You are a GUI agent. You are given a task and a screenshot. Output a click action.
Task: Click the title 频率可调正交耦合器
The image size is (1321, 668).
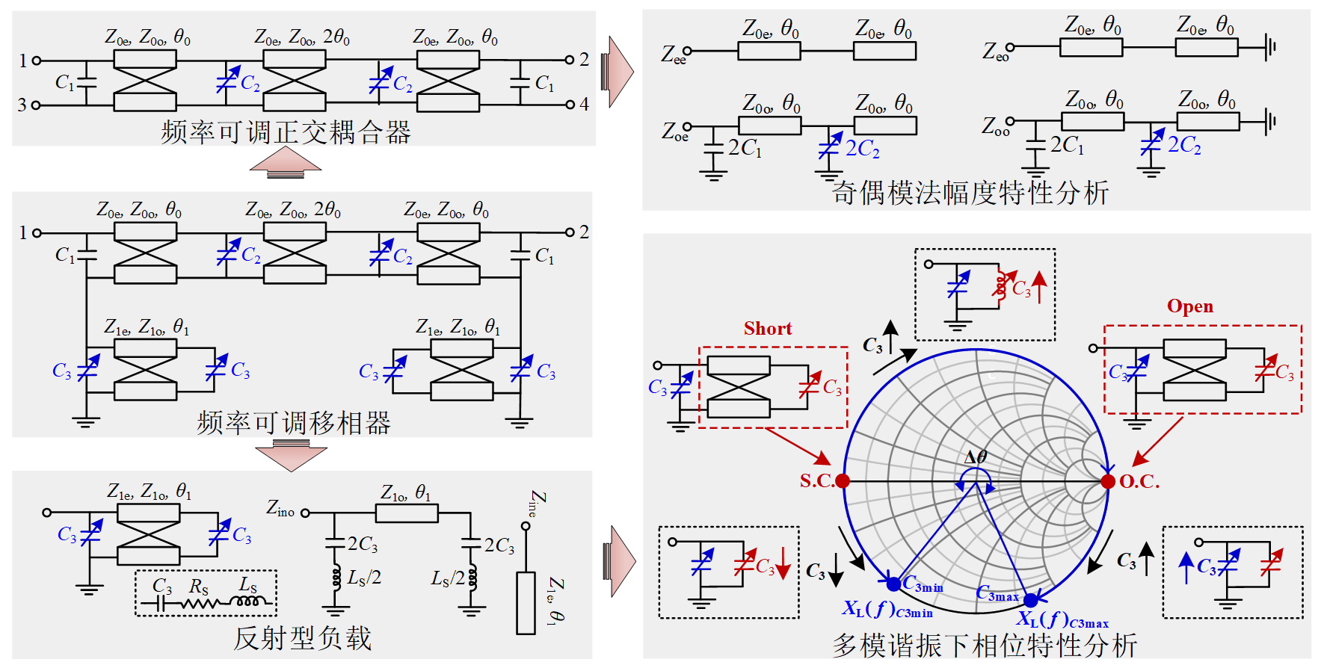(286, 133)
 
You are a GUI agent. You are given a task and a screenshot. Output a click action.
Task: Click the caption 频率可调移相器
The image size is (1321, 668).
(294, 423)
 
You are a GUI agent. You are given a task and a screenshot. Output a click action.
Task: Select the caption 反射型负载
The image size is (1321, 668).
(302, 638)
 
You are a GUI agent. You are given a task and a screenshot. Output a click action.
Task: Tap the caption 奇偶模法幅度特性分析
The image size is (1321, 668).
(970, 193)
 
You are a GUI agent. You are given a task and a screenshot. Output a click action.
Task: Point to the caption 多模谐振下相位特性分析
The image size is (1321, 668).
(985, 646)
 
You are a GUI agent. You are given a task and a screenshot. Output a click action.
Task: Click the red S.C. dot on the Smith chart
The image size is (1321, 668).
(843, 481)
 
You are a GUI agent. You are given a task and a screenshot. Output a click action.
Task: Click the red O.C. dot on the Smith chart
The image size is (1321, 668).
(1108, 481)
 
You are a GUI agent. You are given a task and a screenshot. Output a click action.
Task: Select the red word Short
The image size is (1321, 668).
(768, 329)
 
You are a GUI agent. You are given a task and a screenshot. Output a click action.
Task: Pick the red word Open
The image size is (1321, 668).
(1190, 306)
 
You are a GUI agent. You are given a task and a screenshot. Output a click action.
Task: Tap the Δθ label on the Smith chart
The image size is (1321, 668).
(976, 457)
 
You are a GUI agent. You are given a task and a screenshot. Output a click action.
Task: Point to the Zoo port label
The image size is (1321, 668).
(995, 126)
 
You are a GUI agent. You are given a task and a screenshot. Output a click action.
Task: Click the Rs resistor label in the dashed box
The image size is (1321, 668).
(198, 587)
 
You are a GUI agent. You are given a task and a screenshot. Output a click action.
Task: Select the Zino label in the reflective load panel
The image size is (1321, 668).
(280, 509)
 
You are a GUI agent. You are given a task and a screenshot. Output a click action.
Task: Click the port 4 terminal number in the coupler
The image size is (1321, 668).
(585, 105)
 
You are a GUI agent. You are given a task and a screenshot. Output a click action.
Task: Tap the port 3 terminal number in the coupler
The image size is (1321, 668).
(22, 105)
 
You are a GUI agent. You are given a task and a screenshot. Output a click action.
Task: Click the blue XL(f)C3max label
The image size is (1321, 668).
(1062, 619)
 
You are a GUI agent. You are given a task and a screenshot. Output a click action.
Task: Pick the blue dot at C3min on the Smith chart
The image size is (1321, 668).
(893, 584)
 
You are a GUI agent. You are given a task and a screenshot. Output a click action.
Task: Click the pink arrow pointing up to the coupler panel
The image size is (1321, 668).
(285, 161)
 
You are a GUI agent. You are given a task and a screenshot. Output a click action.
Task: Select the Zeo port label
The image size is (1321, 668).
(995, 52)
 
